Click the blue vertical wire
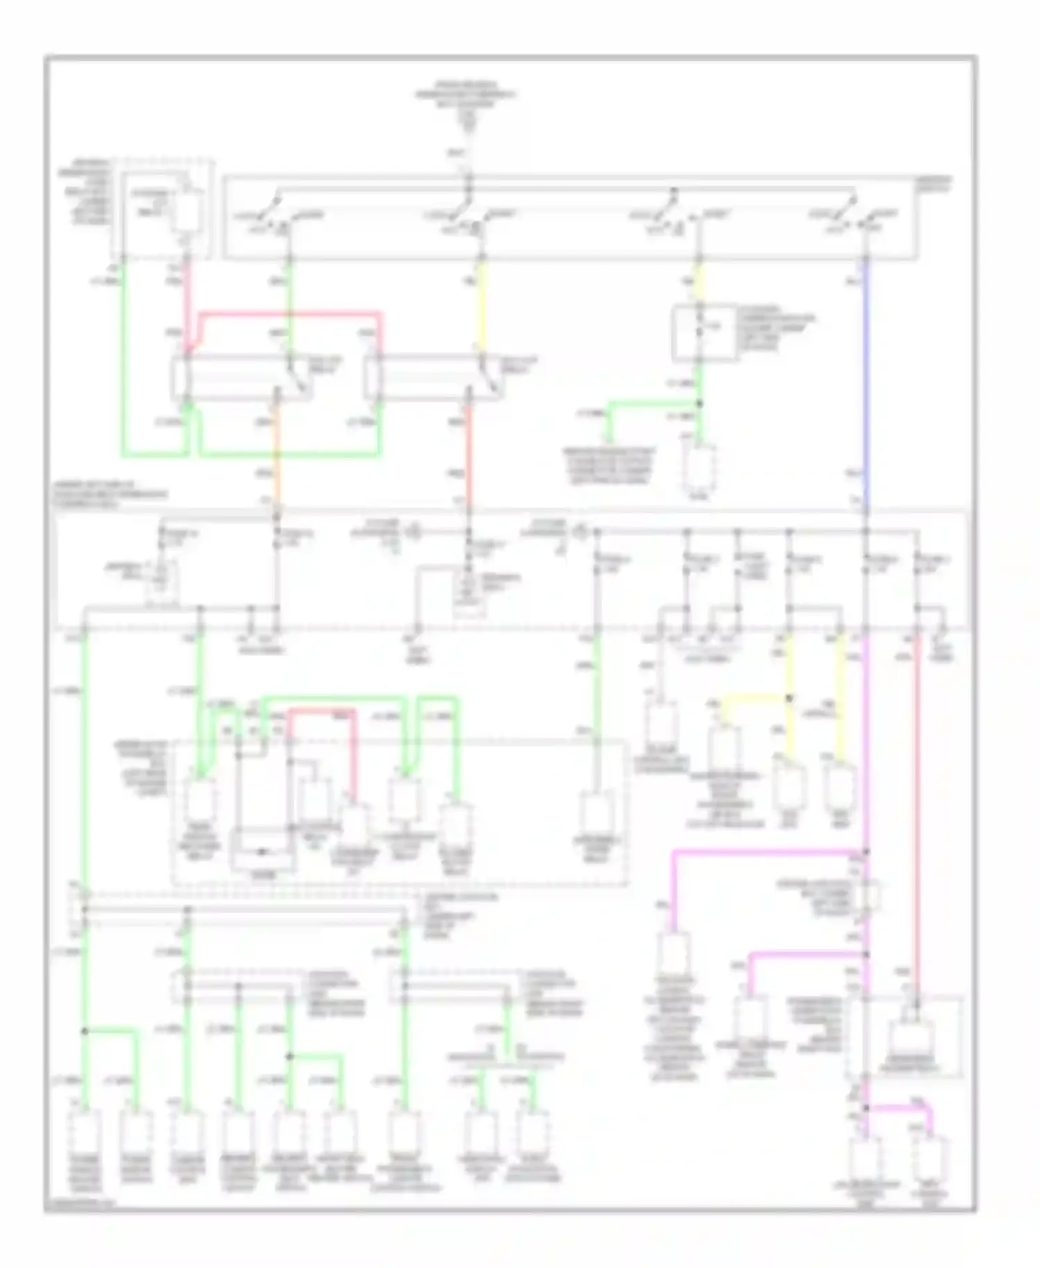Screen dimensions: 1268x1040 point(865,382)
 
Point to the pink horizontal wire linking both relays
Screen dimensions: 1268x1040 point(291,314)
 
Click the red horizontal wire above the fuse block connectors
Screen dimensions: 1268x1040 point(322,710)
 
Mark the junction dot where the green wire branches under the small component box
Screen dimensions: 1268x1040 point(699,403)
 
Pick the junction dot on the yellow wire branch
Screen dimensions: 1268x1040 point(789,698)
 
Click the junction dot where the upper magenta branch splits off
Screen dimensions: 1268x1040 point(865,851)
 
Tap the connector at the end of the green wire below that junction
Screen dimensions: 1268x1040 point(699,465)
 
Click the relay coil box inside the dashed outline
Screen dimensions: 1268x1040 point(186,212)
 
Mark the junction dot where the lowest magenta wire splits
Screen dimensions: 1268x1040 point(865,1108)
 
